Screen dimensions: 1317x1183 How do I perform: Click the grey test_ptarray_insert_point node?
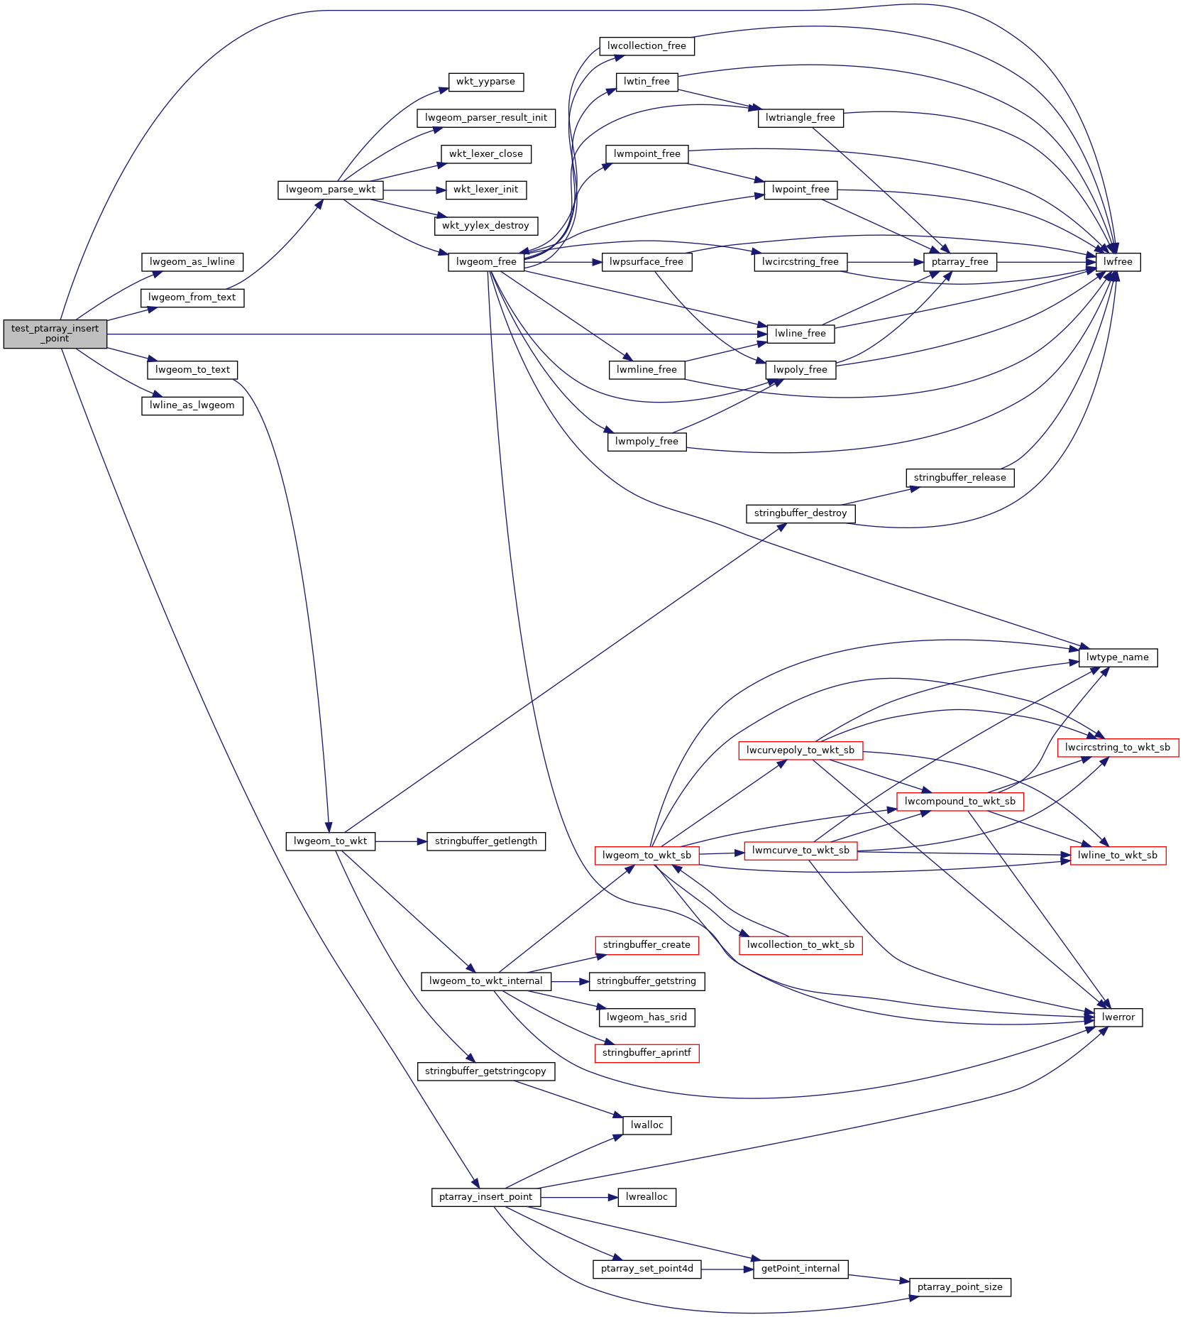(x=55, y=334)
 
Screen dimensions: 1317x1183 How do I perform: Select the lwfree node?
(x=1118, y=262)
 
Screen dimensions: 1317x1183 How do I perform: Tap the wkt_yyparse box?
(x=485, y=82)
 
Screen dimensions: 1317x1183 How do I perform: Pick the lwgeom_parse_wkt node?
(x=330, y=190)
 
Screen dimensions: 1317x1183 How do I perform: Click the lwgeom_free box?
(x=486, y=262)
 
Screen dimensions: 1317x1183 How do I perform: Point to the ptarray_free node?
(x=959, y=262)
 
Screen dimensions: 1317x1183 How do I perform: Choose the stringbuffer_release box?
(x=959, y=478)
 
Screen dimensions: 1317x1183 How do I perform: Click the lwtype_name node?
(x=1117, y=657)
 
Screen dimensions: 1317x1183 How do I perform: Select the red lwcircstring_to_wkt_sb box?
(x=1117, y=748)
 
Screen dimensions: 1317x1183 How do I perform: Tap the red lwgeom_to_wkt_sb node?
(x=646, y=856)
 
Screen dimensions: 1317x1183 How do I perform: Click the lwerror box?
(x=1118, y=1017)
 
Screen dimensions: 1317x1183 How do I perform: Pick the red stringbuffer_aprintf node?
(x=646, y=1053)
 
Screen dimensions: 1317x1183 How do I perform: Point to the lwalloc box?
(x=646, y=1125)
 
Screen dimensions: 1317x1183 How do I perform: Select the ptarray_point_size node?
(x=959, y=1287)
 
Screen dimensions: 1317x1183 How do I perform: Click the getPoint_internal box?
(x=800, y=1269)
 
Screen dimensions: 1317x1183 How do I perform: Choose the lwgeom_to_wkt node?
(x=330, y=841)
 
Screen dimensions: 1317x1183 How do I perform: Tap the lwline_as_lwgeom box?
(x=192, y=405)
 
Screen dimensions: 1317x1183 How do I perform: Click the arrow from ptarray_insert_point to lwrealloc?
(x=578, y=1197)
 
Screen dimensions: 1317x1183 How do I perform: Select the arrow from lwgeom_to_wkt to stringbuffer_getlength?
(x=400, y=841)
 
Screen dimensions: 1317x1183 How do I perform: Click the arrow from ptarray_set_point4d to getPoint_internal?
(x=727, y=1269)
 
